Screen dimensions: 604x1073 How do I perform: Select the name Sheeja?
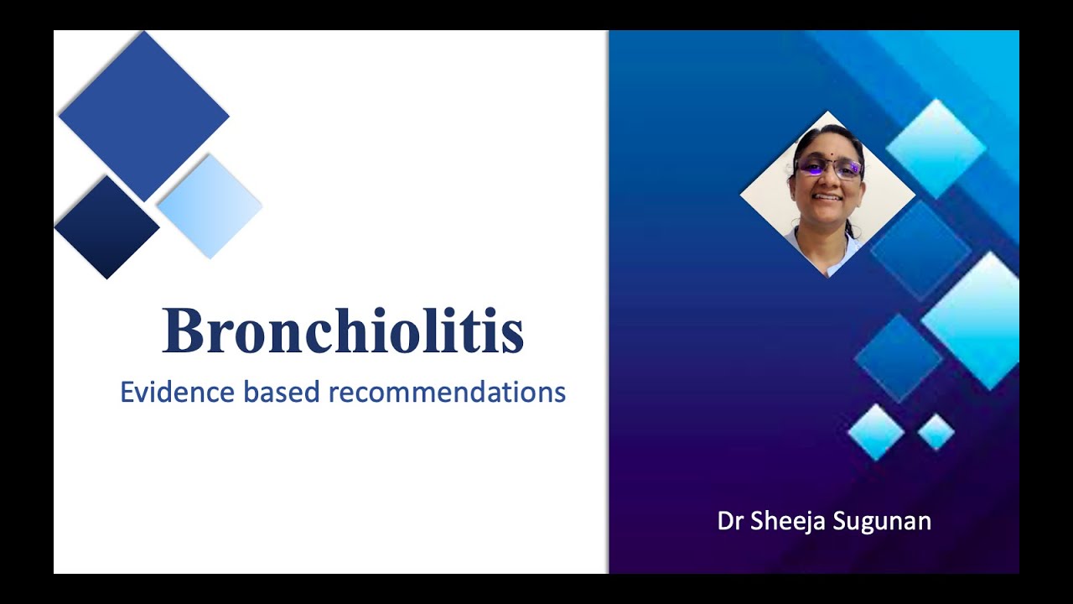click(x=782, y=521)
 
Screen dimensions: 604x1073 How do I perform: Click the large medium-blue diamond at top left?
click(x=144, y=116)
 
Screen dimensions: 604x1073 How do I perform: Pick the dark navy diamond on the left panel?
click(x=106, y=226)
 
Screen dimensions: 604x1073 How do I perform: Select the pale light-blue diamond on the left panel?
click(x=210, y=206)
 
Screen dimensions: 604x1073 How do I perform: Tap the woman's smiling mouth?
click(x=827, y=198)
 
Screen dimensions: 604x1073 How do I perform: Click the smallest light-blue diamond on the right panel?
click(x=936, y=432)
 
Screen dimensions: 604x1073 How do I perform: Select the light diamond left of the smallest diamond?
click(x=876, y=432)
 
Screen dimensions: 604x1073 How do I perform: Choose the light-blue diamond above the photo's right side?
click(x=936, y=148)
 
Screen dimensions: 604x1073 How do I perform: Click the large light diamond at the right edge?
click(x=972, y=319)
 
